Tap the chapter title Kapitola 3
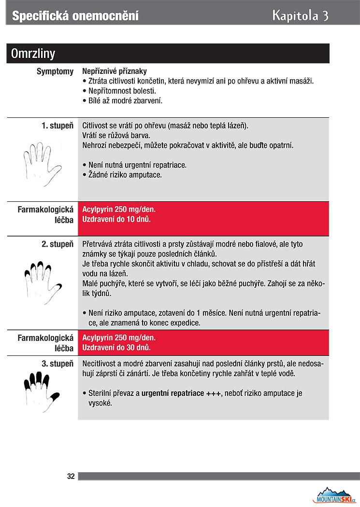pyautogui.click(x=300, y=15)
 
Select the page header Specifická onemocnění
pyautogui.click(x=75, y=16)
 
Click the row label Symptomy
pyautogui.click(x=55, y=71)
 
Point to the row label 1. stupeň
pyautogui.click(x=58, y=126)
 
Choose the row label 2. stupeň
pyautogui.click(x=58, y=244)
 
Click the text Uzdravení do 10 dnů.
pyautogui.click(x=116, y=219)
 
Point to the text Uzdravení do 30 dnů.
pyautogui.click(x=116, y=347)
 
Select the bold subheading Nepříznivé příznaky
pyautogui.click(x=115, y=71)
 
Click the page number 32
pyautogui.click(x=71, y=477)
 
